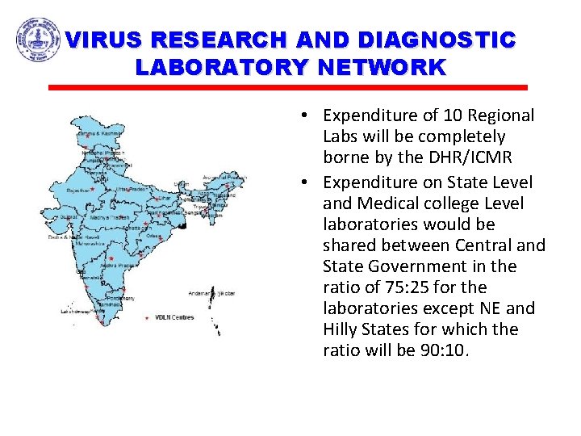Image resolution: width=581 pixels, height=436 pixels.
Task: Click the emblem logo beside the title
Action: tap(38, 40)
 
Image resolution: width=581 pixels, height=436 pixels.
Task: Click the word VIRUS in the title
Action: tap(105, 40)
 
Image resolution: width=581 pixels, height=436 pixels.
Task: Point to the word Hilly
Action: tap(345, 329)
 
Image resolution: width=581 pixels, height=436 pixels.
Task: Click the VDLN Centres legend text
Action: tap(175, 317)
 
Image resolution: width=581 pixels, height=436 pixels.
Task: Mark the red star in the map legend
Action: tap(146, 317)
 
